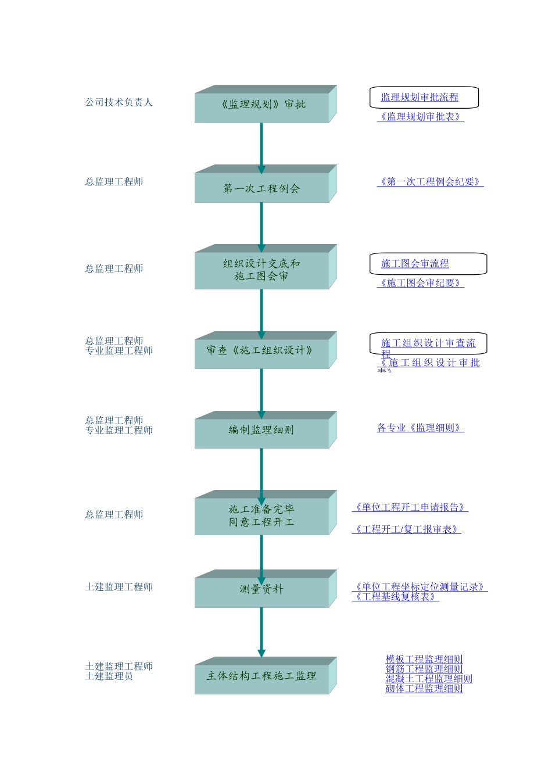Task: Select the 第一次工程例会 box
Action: [262, 188]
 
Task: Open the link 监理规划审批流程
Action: [420, 98]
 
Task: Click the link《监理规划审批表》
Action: [421, 117]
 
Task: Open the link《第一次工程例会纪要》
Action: [430, 182]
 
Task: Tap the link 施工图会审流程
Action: [415, 264]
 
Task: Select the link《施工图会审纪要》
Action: [421, 283]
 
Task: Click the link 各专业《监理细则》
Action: [421, 428]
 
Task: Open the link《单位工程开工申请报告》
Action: [410, 508]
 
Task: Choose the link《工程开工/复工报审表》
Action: [407, 529]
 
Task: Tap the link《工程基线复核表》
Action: [396, 597]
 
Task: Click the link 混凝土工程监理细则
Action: [429, 679]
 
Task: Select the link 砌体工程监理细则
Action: [424, 689]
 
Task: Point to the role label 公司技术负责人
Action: [119, 102]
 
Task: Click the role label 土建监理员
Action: [109, 676]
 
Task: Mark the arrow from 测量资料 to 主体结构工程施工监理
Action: [261, 632]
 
